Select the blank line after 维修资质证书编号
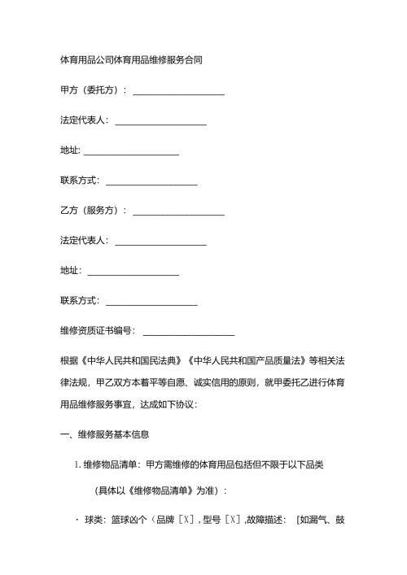click(189, 330)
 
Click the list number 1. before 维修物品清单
click(77, 464)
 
